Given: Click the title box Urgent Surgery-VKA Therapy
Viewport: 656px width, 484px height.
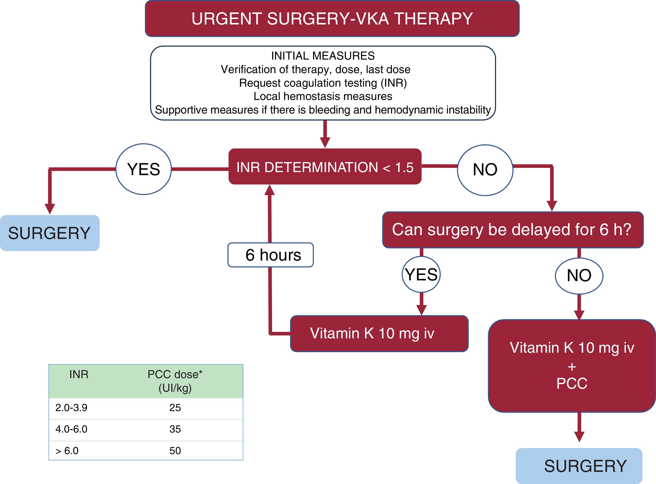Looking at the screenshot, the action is [332, 18].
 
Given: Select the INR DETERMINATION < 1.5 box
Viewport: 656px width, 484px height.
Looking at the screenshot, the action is [325, 166].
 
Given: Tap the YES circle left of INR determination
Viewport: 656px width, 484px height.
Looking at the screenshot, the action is [143, 169].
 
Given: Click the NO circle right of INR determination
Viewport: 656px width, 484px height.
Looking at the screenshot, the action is [485, 170].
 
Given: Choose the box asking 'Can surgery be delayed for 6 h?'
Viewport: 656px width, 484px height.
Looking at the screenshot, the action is [513, 230].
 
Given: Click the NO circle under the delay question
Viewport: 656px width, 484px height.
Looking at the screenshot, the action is [579, 276].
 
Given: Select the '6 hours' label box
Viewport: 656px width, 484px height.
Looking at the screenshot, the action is [271, 255].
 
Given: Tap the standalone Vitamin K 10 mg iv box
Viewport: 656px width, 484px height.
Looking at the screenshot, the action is [379, 334].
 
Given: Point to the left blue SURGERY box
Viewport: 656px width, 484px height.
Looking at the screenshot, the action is [50, 233].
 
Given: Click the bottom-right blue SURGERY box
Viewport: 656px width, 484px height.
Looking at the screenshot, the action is [579, 466].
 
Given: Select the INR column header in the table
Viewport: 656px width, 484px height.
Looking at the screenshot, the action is [79, 375].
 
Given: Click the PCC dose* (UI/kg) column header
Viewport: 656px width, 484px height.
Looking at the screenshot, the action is [175, 381].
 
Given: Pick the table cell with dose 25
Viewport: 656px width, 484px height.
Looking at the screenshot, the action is [175, 407].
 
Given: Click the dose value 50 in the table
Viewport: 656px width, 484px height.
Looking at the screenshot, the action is [175, 451].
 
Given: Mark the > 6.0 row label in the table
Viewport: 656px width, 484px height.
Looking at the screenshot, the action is [67, 451].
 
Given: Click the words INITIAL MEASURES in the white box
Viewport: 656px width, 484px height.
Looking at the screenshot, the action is [323, 56].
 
